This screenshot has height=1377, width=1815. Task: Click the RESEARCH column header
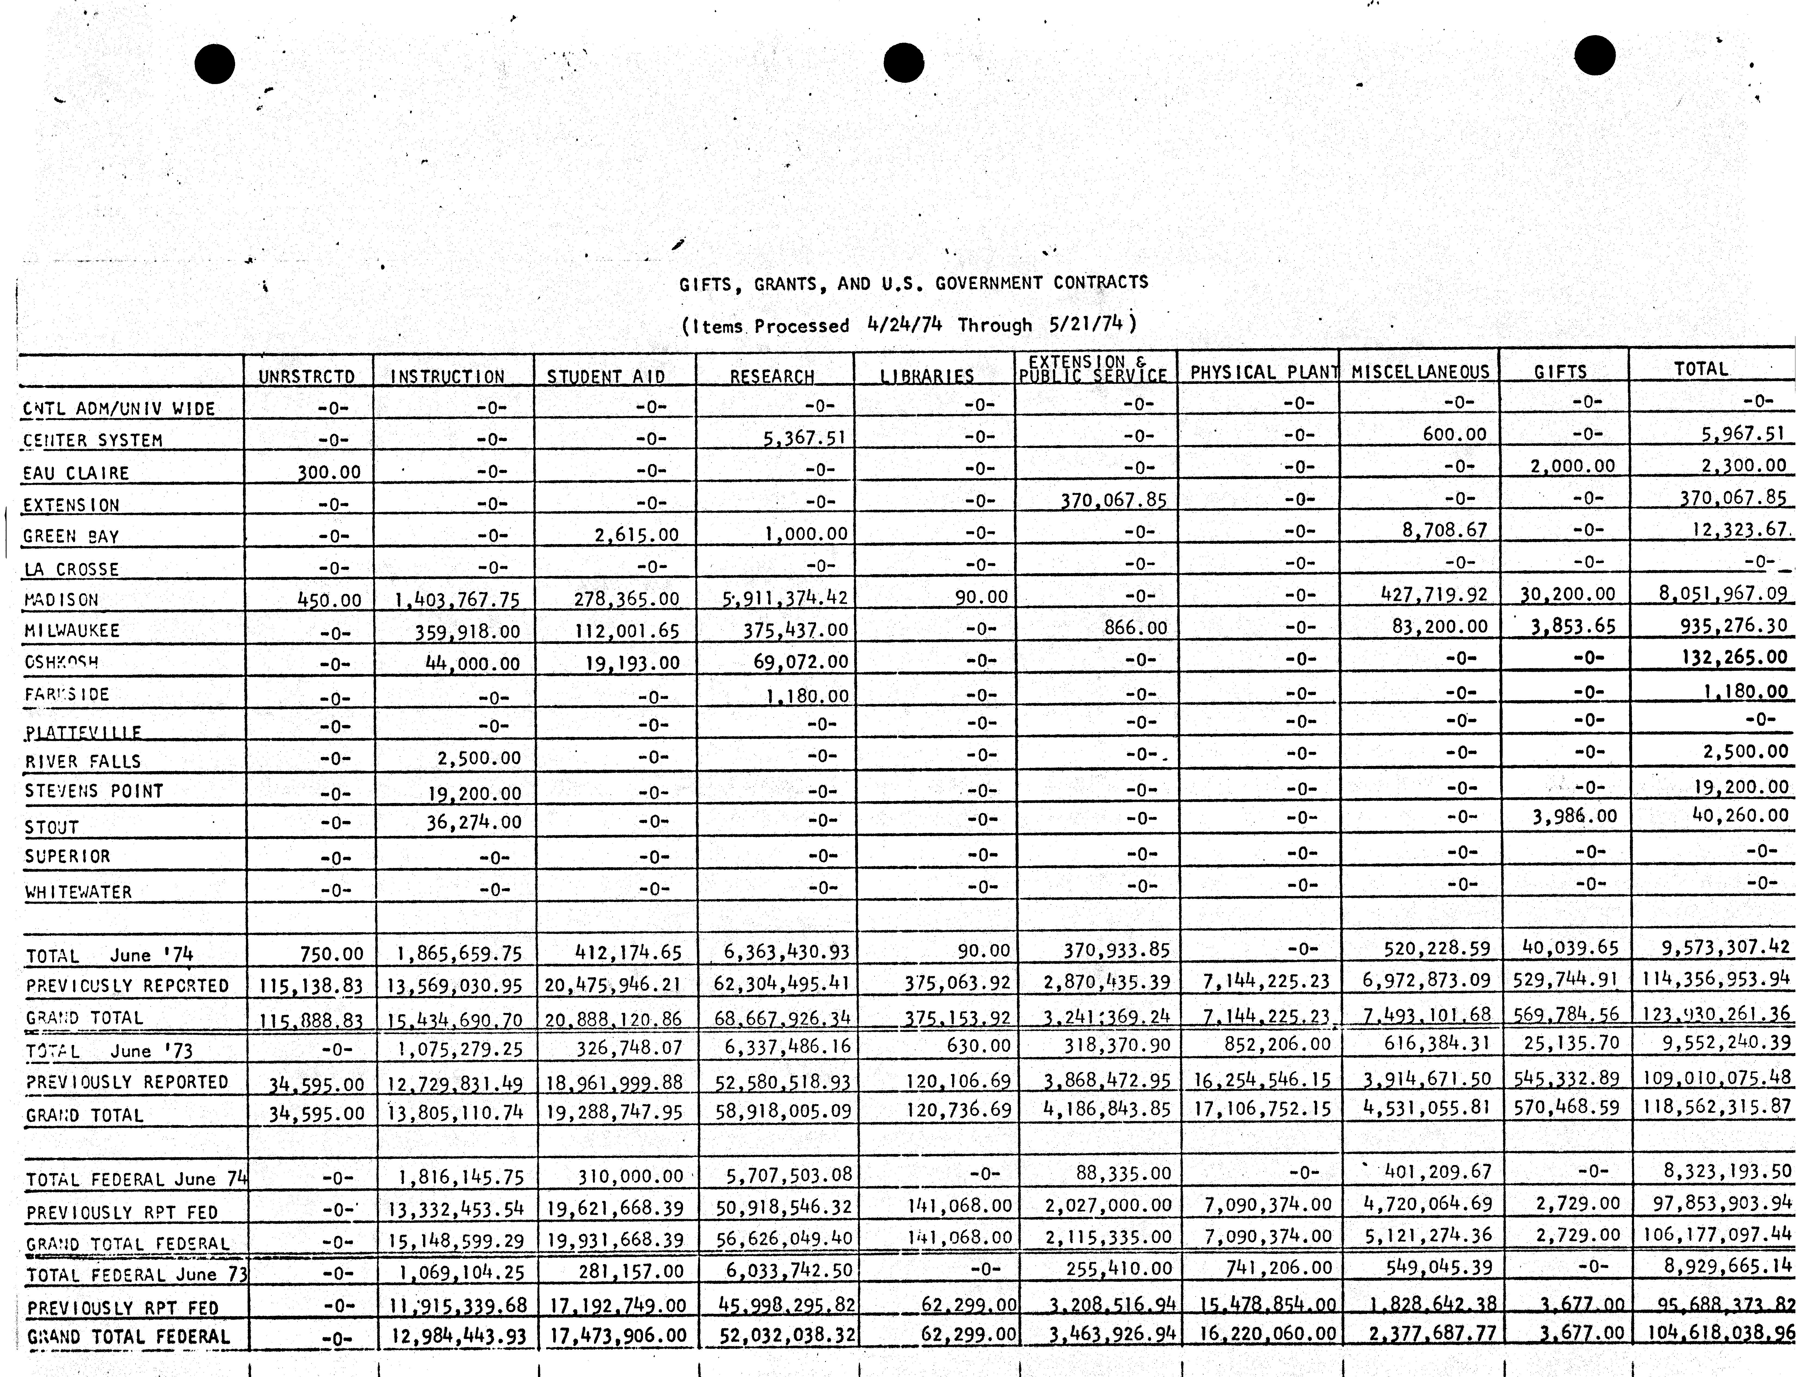772,376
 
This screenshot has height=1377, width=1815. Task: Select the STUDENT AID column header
606,376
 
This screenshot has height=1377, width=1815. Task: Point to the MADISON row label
61,600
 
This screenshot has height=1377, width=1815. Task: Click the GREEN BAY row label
71,536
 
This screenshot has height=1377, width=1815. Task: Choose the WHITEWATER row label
79,891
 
